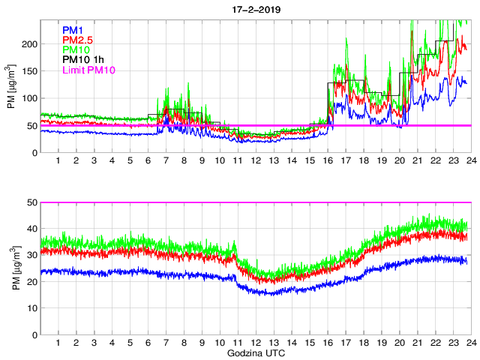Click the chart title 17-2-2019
pyautogui.click(x=255, y=7)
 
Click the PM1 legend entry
pyautogui.click(x=73, y=29)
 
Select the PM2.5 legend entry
pyautogui.click(x=78, y=40)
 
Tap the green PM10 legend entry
pyautogui.click(x=76, y=49)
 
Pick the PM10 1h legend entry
pyautogui.click(x=82, y=60)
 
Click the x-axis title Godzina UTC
pyautogui.click(x=255, y=352)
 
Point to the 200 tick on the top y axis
pyautogui.click(x=28, y=44)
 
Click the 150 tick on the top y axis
pyautogui.click(x=28, y=71)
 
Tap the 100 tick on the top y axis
pyautogui.click(x=28, y=98)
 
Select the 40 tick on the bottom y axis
pyautogui.click(x=31, y=229)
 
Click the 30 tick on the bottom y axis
pyautogui.click(x=31, y=255)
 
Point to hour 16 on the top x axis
pyautogui.click(x=327, y=161)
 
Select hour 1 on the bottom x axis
pyautogui.click(x=58, y=343)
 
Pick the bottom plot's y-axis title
pyautogui.click(x=11, y=268)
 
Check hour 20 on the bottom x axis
pyautogui.click(x=398, y=343)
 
